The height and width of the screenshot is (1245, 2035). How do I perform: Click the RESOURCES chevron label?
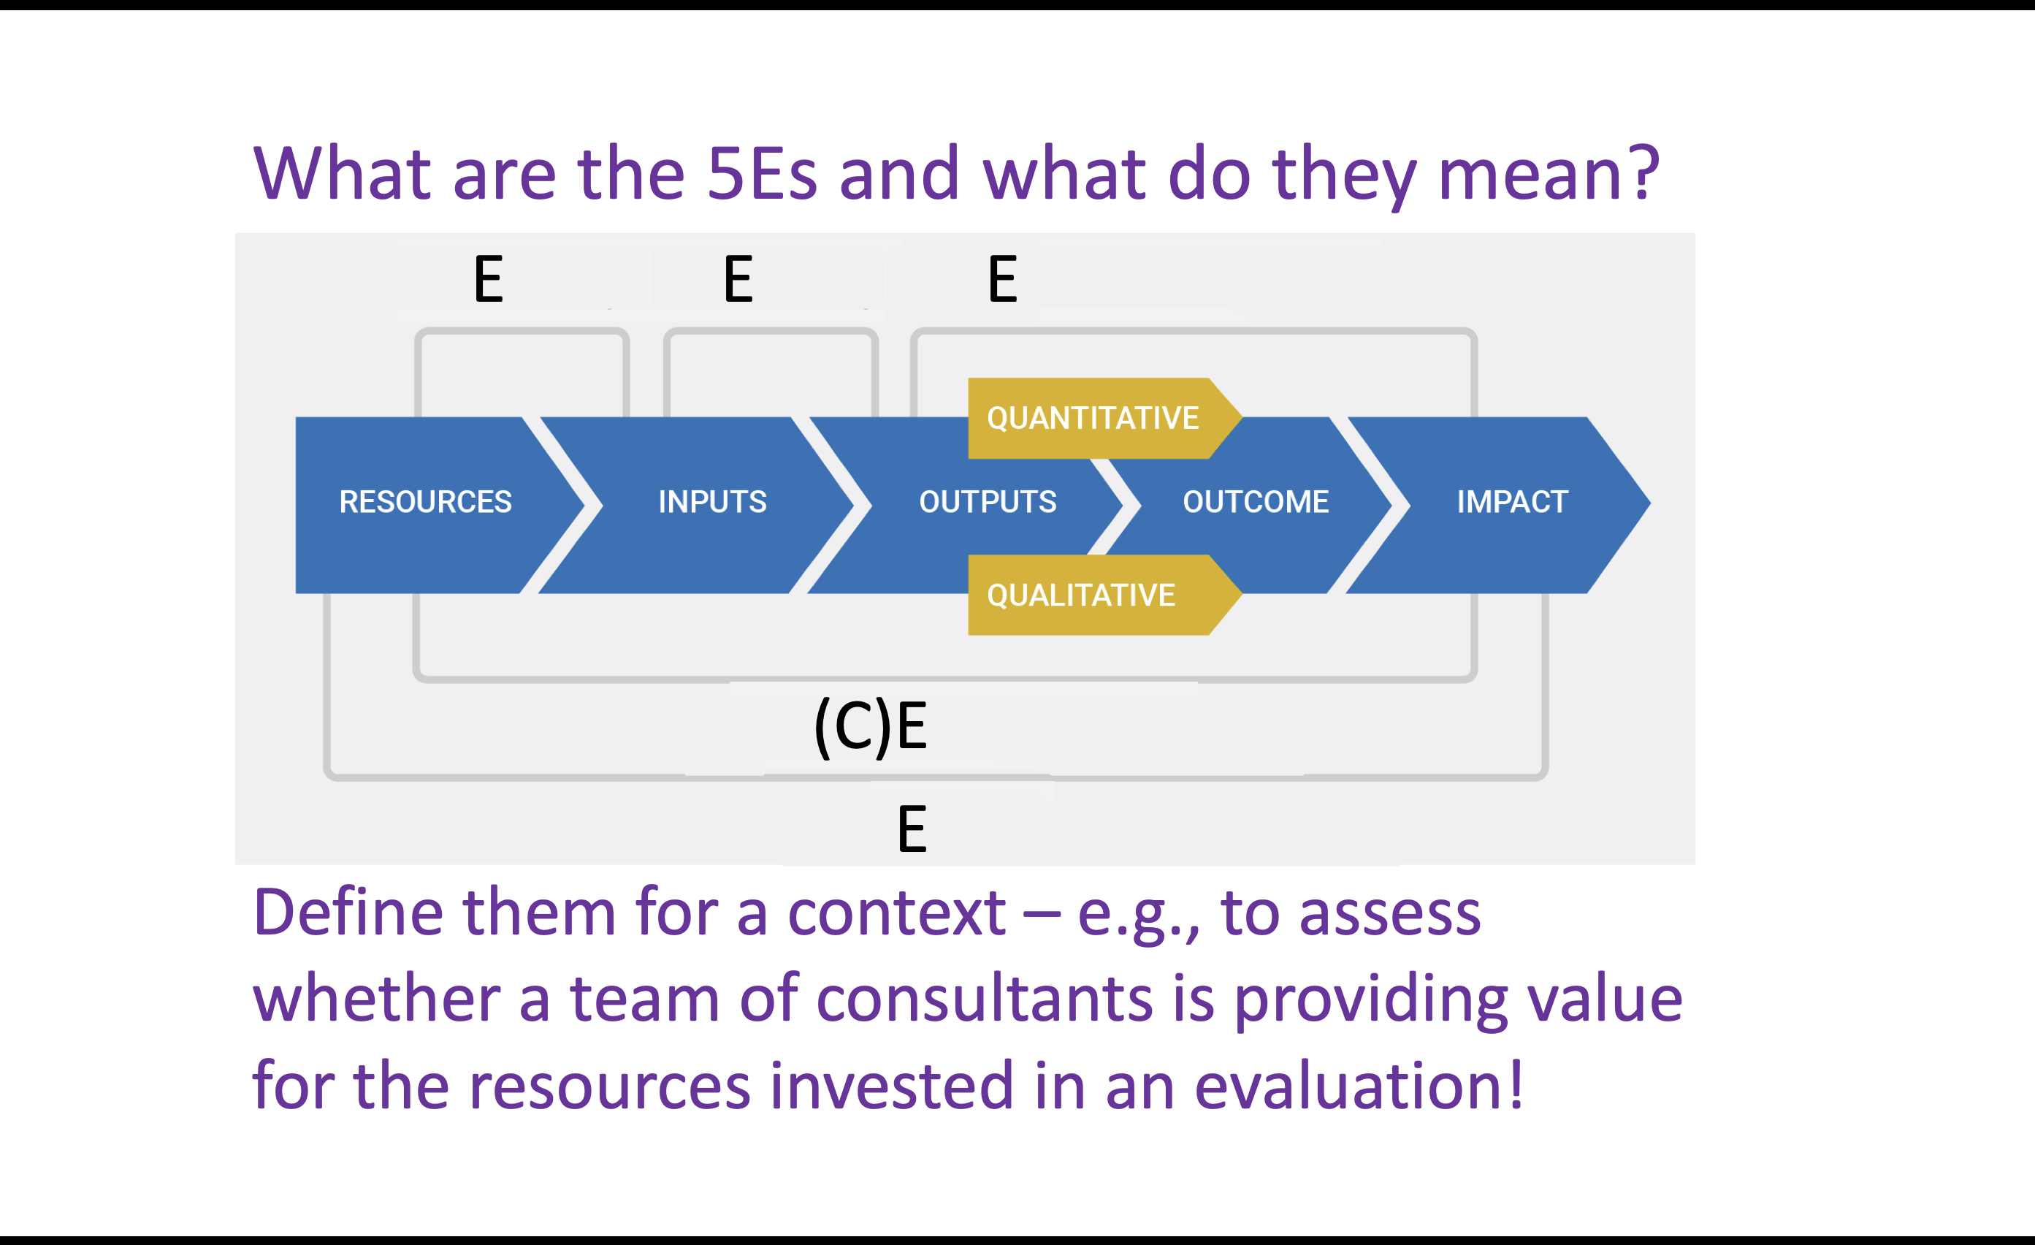pyautogui.click(x=425, y=501)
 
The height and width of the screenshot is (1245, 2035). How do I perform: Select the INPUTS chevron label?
pyautogui.click(x=712, y=501)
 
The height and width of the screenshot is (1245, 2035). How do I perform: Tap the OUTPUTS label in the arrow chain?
pyautogui.click(x=988, y=501)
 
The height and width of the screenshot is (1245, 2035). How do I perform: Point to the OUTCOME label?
pyautogui.click(x=1256, y=501)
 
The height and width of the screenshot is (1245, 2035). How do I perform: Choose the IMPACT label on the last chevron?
pyautogui.click(x=1512, y=501)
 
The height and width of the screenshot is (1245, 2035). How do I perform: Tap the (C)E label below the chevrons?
pyautogui.click(x=871, y=727)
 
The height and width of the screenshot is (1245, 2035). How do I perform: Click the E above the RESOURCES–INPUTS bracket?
pyautogui.click(x=488, y=279)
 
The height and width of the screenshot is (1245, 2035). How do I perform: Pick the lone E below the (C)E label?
pyautogui.click(x=912, y=829)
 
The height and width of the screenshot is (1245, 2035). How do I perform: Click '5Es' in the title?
pyautogui.click(x=761, y=173)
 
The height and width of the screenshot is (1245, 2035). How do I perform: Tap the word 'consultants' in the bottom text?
pyautogui.click(x=985, y=998)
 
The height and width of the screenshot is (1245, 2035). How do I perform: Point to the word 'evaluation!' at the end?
pyautogui.click(x=1358, y=1085)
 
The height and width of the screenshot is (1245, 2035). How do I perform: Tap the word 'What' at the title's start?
pyautogui.click(x=342, y=173)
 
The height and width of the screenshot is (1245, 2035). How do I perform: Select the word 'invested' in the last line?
pyautogui.click(x=891, y=1085)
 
